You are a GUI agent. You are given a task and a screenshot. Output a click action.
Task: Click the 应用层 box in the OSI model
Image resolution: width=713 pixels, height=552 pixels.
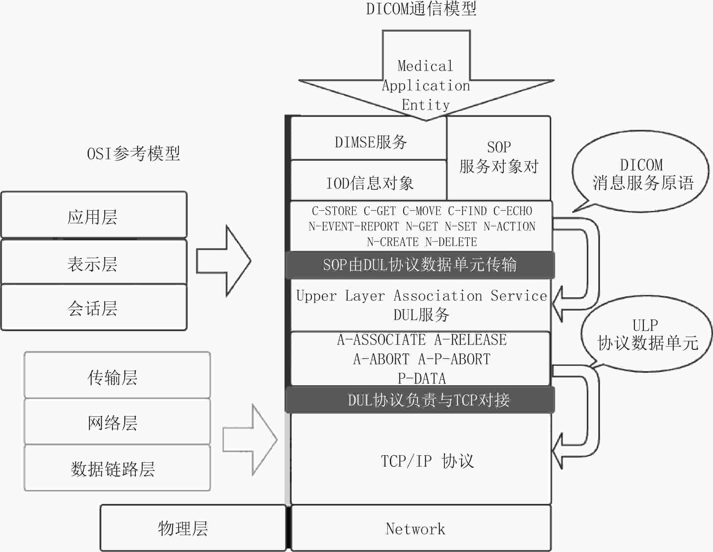(x=94, y=215)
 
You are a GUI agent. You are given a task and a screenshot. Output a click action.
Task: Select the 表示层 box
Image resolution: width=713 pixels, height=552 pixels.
(x=94, y=262)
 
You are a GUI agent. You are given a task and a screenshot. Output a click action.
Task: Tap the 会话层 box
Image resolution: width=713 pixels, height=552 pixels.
(x=94, y=307)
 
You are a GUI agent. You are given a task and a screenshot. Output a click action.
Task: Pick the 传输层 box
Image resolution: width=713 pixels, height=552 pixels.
(x=117, y=375)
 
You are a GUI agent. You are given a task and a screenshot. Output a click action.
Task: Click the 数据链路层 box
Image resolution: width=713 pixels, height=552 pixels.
(x=117, y=468)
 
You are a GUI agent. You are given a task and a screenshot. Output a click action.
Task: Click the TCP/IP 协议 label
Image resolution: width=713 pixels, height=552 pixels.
(x=427, y=461)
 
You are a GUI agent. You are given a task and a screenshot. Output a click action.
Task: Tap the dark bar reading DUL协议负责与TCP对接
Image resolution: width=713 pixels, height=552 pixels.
(x=420, y=400)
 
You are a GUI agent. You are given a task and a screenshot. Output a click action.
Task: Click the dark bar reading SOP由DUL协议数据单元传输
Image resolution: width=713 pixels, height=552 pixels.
(x=420, y=265)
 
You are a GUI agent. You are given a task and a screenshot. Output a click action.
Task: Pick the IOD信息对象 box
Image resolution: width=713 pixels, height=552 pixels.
(x=369, y=180)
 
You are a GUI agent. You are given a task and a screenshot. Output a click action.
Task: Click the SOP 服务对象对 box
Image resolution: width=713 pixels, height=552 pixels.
(x=499, y=158)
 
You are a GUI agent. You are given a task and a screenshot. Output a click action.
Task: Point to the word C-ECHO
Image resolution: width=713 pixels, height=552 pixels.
(x=512, y=211)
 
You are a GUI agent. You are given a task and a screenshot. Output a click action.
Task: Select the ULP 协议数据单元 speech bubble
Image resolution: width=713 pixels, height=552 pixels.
(x=646, y=333)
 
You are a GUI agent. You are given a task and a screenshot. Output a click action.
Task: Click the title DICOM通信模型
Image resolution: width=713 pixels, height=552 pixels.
(x=421, y=9)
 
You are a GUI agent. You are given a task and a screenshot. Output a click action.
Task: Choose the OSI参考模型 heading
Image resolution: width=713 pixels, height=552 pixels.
(x=133, y=154)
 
